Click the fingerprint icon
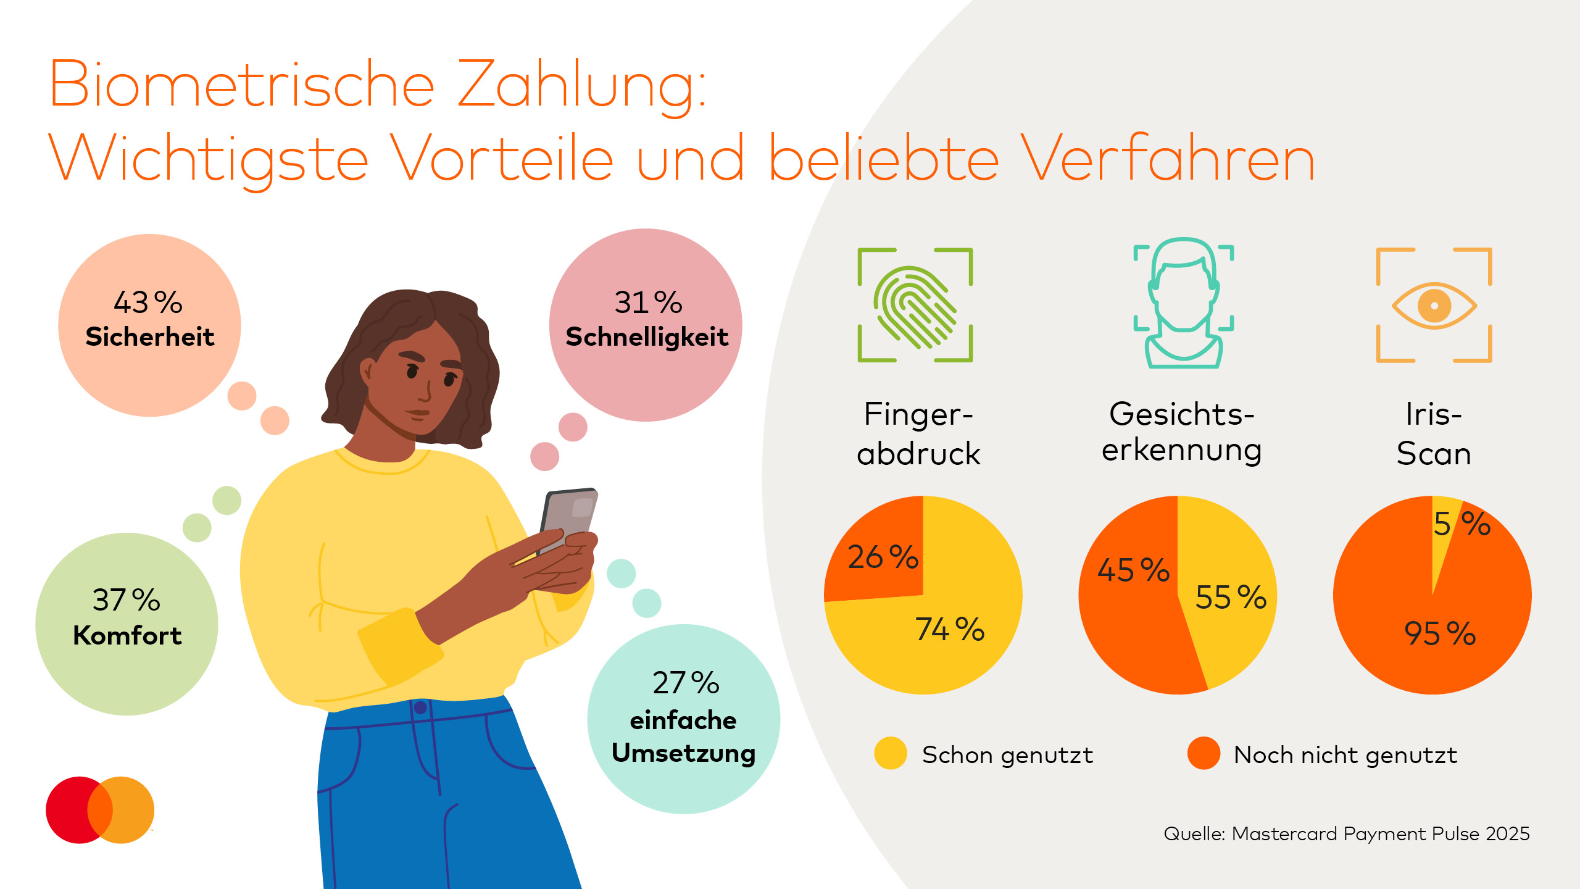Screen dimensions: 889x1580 pos(915,306)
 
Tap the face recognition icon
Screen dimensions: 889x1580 pos(1183,304)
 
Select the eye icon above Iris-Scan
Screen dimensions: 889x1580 pos(1434,306)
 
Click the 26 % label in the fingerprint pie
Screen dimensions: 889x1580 pos(883,557)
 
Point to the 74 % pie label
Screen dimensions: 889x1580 pos(949,630)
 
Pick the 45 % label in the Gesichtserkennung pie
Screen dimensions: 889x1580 pos(1133,570)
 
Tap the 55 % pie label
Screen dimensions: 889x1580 pos(1231,598)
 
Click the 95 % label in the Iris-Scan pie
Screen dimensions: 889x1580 pos(1439,634)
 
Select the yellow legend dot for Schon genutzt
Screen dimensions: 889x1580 pos(891,753)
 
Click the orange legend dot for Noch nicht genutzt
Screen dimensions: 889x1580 pos(1204,753)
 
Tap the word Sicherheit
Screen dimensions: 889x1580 pos(150,337)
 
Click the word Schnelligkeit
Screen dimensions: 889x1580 pos(647,337)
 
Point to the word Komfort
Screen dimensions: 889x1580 pos(127,635)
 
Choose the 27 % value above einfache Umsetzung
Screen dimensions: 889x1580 pos(686,683)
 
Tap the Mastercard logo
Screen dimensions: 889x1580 pos(100,810)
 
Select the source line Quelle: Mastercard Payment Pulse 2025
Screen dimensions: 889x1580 pos(1346,834)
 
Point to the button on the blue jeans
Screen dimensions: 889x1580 pos(420,707)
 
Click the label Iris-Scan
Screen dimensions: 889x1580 pos(1434,434)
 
